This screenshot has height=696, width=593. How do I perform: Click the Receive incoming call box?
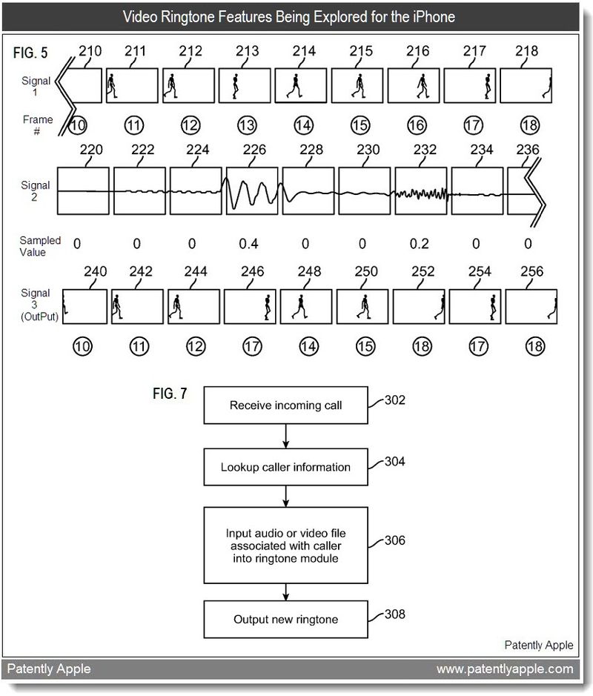pyautogui.click(x=285, y=405)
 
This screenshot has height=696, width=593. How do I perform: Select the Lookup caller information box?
pyautogui.click(x=285, y=468)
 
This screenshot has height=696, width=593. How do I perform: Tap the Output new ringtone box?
pyautogui.click(x=285, y=619)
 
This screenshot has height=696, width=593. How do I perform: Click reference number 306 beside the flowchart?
pyautogui.click(x=395, y=540)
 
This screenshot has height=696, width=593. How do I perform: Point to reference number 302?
pyautogui.click(x=395, y=401)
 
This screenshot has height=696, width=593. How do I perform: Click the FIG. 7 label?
pyautogui.click(x=170, y=394)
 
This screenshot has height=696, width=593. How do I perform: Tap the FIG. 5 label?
pyautogui.click(x=31, y=54)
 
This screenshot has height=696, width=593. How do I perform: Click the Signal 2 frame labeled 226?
pyautogui.click(x=252, y=191)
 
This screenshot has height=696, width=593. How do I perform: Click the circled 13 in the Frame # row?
pyautogui.click(x=248, y=125)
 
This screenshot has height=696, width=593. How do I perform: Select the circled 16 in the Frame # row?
pyautogui.click(x=419, y=125)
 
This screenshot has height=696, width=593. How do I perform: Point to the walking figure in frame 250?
pyautogui.click(x=364, y=306)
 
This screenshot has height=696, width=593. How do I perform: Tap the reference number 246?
pyautogui.click(x=253, y=272)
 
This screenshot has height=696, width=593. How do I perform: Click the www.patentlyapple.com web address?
pyautogui.click(x=505, y=669)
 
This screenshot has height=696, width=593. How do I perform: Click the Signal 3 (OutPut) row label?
pyautogui.click(x=36, y=305)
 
